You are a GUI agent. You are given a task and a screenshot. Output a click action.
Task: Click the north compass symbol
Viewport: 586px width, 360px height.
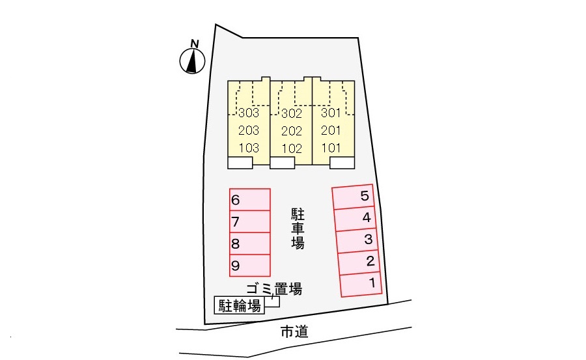tap(192, 59)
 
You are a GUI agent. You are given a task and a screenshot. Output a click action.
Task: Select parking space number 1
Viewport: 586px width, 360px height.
tap(361, 284)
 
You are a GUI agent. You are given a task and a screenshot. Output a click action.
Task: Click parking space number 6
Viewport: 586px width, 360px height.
tap(249, 199)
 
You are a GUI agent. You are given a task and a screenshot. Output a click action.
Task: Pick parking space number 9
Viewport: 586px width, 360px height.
tap(249, 265)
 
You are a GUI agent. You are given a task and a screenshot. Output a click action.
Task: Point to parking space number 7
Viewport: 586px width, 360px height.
tap(249, 221)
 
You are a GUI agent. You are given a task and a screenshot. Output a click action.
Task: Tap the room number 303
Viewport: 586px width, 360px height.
tap(249, 113)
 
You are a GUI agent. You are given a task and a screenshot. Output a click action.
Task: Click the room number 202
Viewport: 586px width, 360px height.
tap(292, 130)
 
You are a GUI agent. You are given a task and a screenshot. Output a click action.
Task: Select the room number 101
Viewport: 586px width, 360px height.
tap(331, 148)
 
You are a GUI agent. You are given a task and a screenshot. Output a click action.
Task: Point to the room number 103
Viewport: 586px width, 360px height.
tap(249, 148)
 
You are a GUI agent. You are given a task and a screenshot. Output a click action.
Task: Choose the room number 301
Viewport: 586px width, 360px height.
tap(331, 113)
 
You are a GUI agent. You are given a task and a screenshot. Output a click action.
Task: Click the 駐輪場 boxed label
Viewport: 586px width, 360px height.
tap(240, 305)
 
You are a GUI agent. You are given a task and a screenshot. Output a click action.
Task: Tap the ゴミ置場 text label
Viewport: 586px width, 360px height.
tap(273, 288)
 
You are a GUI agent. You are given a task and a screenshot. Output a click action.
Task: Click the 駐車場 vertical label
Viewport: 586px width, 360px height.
tap(298, 229)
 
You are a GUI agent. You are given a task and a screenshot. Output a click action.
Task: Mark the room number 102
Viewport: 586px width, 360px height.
tap(292, 148)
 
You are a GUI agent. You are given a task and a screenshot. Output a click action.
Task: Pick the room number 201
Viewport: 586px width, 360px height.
tap(331, 130)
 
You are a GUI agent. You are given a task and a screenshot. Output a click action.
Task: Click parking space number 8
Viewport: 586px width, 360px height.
tap(249, 243)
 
